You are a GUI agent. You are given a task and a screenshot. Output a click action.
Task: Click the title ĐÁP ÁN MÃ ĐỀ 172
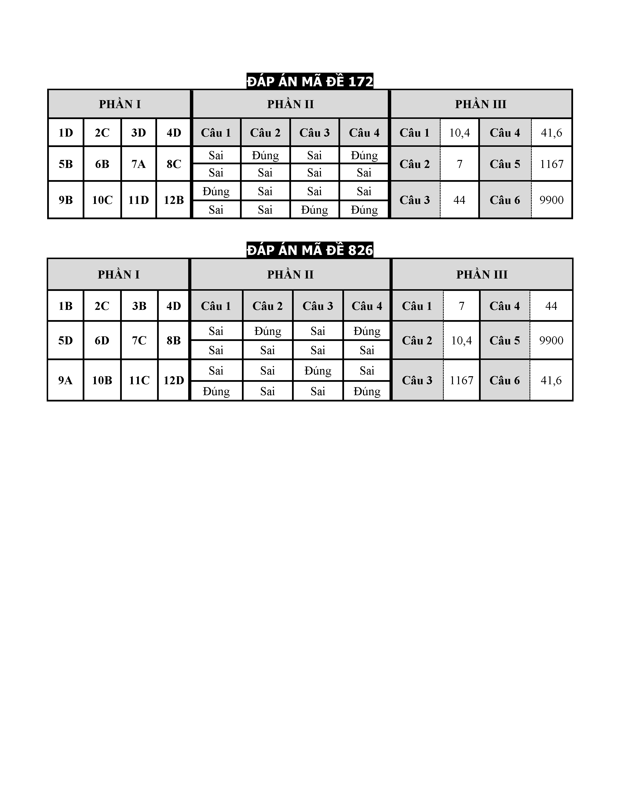[x=310, y=81]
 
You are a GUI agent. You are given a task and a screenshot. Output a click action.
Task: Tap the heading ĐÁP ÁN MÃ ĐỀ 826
[x=310, y=250]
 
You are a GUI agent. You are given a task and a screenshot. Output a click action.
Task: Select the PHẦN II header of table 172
[x=290, y=104]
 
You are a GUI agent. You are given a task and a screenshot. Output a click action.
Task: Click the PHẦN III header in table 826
[x=482, y=274]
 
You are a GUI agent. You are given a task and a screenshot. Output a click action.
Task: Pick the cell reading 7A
[x=139, y=164]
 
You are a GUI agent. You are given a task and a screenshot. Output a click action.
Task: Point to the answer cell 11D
[x=139, y=200]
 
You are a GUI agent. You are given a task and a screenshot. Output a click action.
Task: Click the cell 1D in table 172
[x=66, y=132]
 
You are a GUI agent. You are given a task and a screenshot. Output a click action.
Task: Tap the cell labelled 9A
[x=65, y=380]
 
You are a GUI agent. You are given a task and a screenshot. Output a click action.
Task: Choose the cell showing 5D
[x=65, y=340]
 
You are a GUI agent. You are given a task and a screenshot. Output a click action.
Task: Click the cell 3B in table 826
[x=139, y=306]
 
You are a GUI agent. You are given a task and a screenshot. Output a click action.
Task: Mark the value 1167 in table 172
[x=551, y=164]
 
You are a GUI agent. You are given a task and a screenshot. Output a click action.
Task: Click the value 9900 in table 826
[x=551, y=340]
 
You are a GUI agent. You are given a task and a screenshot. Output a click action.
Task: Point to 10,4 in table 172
[x=460, y=132]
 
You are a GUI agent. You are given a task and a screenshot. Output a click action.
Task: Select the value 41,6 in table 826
[x=551, y=380]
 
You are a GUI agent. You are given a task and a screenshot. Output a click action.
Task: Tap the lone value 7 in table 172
[x=460, y=164]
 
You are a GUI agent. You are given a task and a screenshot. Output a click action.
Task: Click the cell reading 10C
[x=102, y=200]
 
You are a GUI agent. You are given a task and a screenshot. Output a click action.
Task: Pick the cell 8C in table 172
[x=174, y=164]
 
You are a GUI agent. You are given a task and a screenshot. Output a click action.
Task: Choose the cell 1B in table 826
[x=65, y=306]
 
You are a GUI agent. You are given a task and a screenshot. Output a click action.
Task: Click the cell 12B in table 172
[x=174, y=200]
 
